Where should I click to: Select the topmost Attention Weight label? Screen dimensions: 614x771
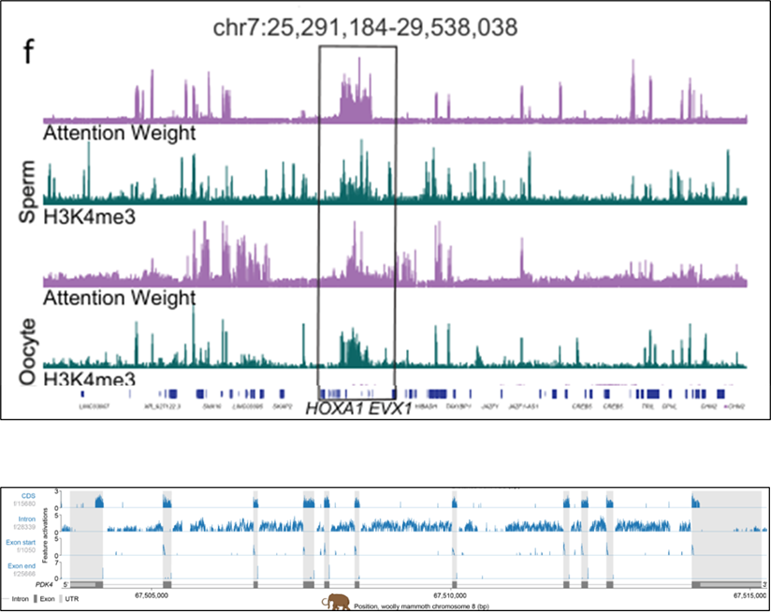[x=120, y=133]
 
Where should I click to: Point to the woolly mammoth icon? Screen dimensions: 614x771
[x=334, y=603]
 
